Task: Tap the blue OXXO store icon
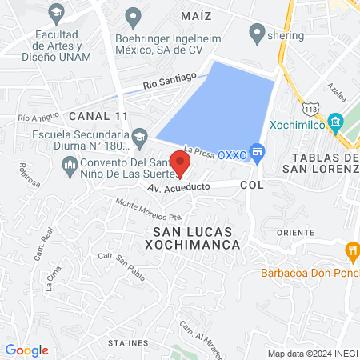click(x=257, y=151)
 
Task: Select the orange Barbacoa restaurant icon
click(x=351, y=253)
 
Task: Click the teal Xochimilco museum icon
click(x=335, y=123)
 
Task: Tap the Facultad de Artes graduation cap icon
click(x=56, y=13)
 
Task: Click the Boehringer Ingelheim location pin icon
click(x=134, y=15)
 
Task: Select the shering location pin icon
click(x=257, y=34)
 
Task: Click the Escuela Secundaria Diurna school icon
click(x=139, y=136)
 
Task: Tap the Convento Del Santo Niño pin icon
click(x=68, y=165)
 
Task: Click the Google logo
click(x=26, y=350)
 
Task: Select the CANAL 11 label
click(x=98, y=116)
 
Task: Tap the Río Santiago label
click(x=170, y=79)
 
